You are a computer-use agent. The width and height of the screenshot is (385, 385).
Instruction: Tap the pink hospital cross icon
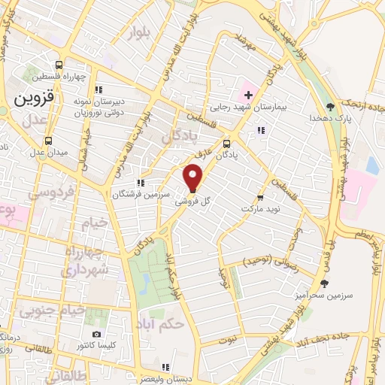(246, 95)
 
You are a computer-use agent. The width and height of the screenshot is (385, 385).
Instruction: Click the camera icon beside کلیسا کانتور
(95, 334)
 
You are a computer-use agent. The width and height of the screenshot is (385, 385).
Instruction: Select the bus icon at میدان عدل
(49, 140)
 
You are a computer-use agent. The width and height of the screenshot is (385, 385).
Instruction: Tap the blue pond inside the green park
(144, 282)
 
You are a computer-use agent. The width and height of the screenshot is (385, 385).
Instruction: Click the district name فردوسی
(49, 192)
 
